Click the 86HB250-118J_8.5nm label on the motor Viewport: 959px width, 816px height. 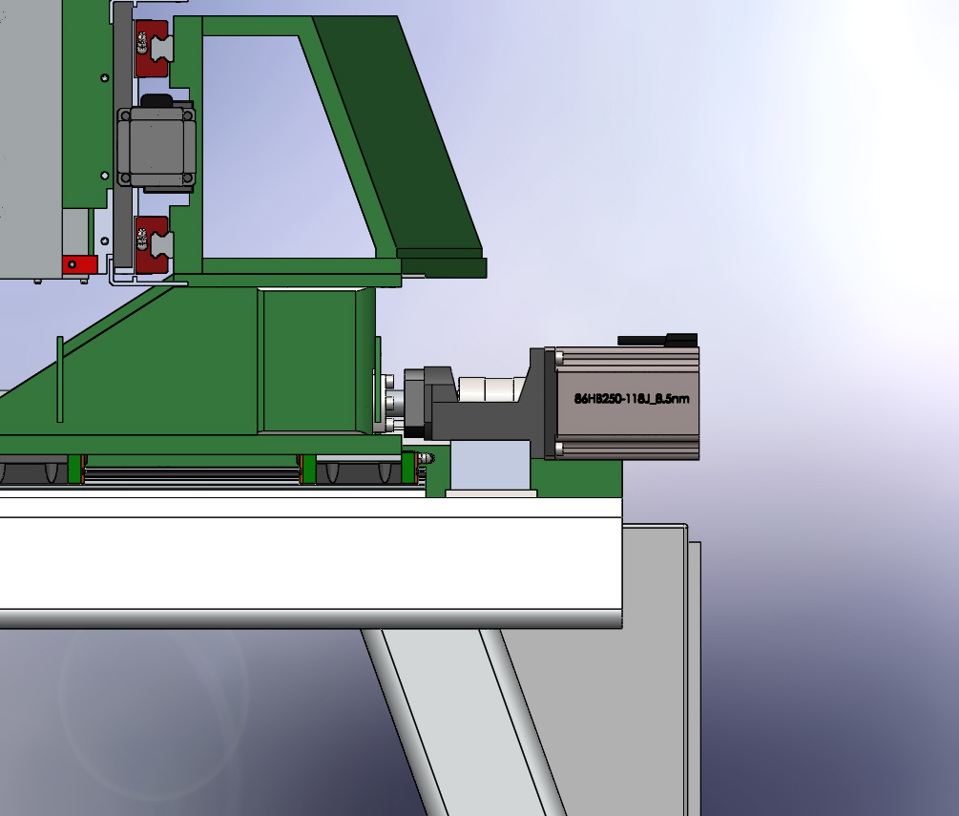pos(632,399)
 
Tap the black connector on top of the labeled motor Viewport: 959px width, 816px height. pos(657,340)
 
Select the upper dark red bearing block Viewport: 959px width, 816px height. pos(152,49)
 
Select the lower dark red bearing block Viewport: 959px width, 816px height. pos(152,244)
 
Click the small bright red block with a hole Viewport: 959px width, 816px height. pos(79,265)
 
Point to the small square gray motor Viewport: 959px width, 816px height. pos(156,147)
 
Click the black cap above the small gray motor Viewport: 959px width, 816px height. pos(157,100)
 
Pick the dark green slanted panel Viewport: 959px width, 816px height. pos(401,140)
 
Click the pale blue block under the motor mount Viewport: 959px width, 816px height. pos(490,465)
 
